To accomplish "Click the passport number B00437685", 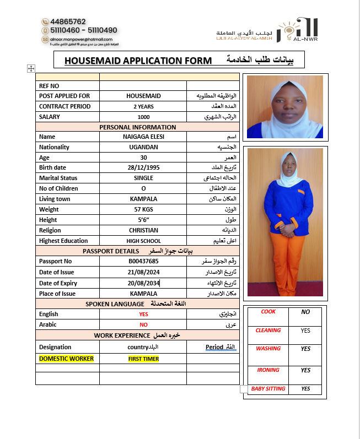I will tap(143, 261).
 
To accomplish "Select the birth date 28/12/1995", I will tap(143, 167).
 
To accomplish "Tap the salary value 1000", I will tap(143, 117).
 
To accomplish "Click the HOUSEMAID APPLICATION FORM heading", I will tap(138, 60).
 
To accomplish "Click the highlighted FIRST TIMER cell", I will tap(143, 359).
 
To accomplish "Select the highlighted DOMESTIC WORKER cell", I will tap(66, 359).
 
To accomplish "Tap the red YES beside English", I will tap(143, 314).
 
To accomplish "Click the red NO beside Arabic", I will tap(143, 324).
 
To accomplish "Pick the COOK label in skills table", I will tap(268, 312).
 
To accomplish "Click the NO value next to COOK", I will tap(305, 312).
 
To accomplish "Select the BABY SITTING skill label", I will tap(268, 389).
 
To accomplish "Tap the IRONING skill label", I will tap(268, 370).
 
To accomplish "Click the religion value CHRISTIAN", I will tap(143, 230).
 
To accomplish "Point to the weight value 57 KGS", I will tap(143, 209).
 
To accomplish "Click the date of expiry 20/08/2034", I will tap(143, 283).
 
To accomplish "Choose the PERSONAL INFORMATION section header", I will tap(138, 127).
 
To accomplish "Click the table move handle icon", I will tap(31, 68).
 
